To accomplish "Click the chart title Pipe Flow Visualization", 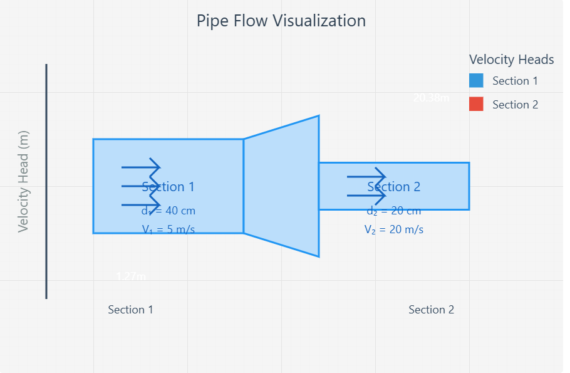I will coord(281,21).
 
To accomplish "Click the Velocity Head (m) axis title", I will coord(24,182).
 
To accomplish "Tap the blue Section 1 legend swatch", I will coord(476,81).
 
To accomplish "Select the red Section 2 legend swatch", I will coord(476,105).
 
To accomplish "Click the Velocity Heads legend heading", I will coord(511,60).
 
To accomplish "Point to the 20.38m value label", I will coord(432,98).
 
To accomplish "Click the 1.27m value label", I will coord(132,276).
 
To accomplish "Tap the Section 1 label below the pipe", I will coord(130,310).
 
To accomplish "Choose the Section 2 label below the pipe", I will coord(431,310).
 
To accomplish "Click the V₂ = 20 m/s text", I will coord(394,229).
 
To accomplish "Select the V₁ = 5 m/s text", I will coord(168,229).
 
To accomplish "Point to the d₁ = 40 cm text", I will coord(168,211).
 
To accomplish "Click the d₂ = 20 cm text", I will coord(394,211).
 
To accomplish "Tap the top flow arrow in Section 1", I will coord(141,167).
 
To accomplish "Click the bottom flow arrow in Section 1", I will coord(141,205).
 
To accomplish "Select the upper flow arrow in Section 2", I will coord(366,177).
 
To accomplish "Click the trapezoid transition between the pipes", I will coord(282,186).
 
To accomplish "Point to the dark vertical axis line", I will coord(46,181).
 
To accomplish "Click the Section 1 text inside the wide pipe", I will coord(168,187).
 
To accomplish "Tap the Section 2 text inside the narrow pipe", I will coord(394,187).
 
